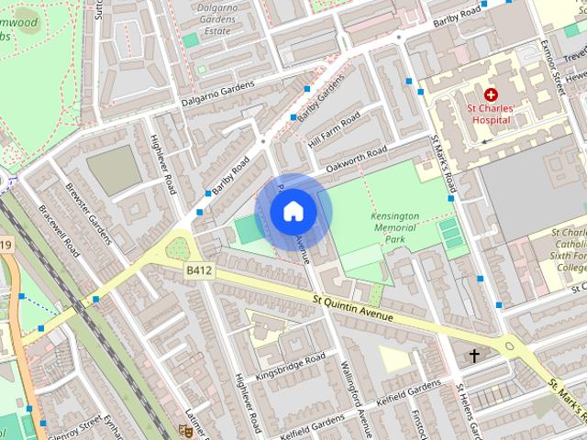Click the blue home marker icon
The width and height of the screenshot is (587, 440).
293,212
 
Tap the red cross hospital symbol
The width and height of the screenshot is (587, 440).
491,95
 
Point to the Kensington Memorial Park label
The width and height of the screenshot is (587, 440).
395,227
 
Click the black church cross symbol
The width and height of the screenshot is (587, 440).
474,355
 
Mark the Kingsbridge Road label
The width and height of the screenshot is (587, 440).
291,366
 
